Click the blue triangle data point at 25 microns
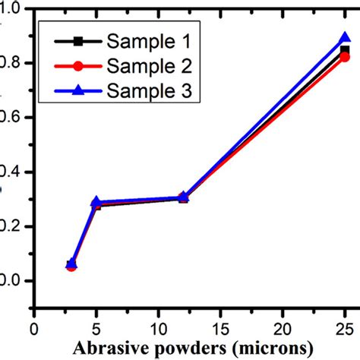pyautogui.click(x=345, y=38)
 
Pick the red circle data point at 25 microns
pyautogui.click(x=345, y=58)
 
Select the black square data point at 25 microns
pyautogui.click(x=345, y=49)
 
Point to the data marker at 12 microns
pyautogui.click(x=183, y=197)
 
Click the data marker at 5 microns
pyautogui.click(x=96, y=203)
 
